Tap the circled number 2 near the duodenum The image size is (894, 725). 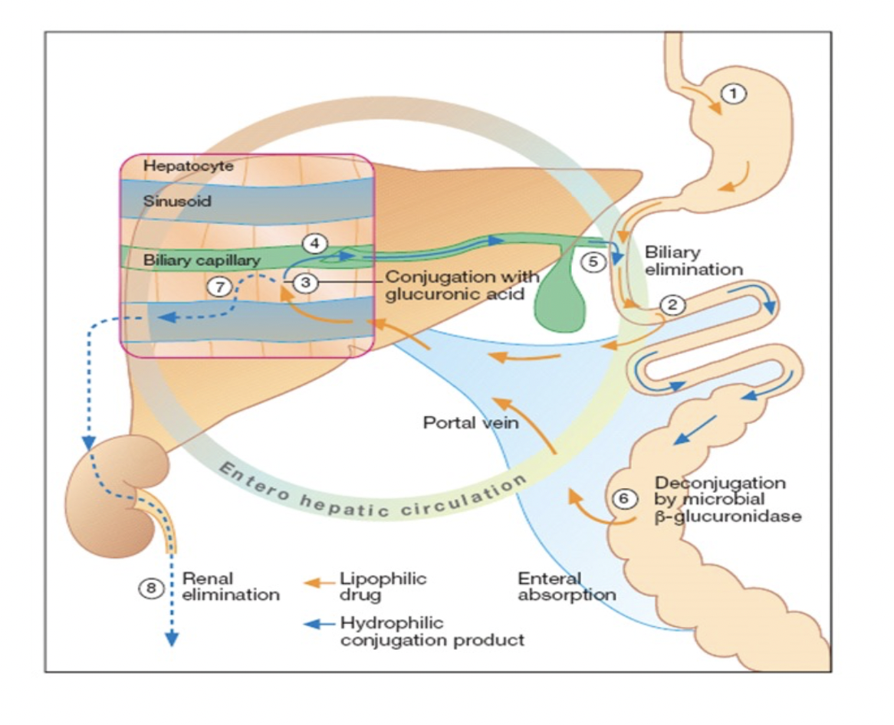pyautogui.click(x=672, y=304)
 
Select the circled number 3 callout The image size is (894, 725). pyautogui.click(x=305, y=282)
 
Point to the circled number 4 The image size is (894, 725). pyautogui.click(x=314, y=243)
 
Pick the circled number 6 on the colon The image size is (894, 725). pyautogui.click(x=625, y=499)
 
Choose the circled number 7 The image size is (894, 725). pyautogui.click(x=219, y=287)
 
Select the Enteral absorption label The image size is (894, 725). pyautogui.click(x=567, y=586)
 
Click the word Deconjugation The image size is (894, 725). pyautogui.click(x=720, y=484)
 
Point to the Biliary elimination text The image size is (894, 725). pyautogui.click(x=693, y=261)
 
